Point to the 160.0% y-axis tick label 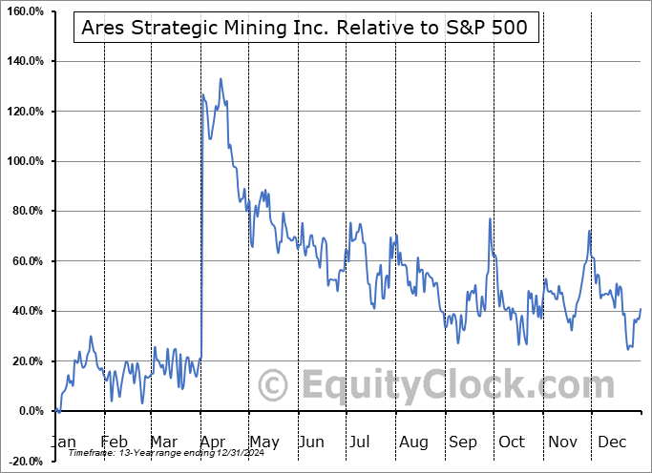(x=25, y=11)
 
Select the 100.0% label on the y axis (x=25, y=161)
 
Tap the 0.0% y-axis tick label (x=29, y=411)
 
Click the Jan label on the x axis (x=63, y=442)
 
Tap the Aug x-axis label (x=414, y=442)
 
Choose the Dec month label (x=613, y=442)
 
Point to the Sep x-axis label (x=464, y=442)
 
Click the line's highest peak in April (x=221, y=79)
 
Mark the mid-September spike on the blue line (x=490, y=219)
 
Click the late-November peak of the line (x=590, y=232)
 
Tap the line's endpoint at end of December (x=641, y=309)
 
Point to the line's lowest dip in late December (x=628, y=349)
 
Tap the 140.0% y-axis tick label (x=25, y=61)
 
